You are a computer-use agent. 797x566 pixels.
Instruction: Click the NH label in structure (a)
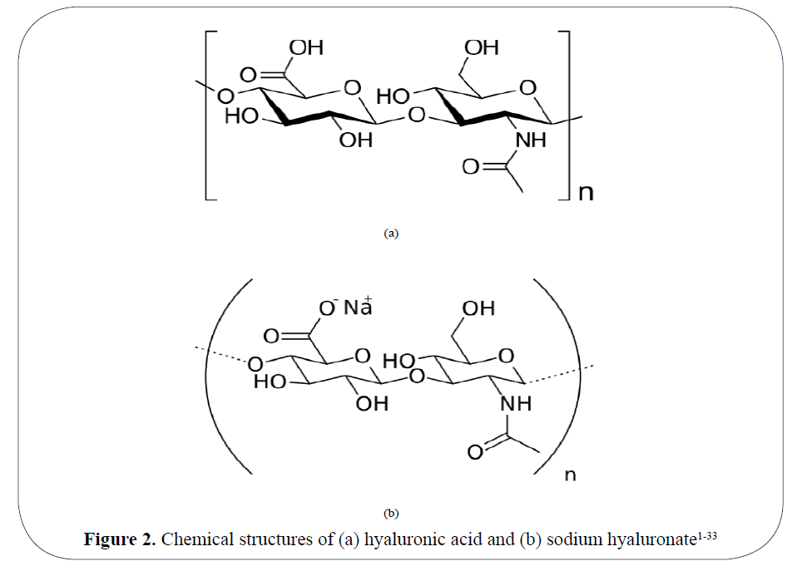click(x=531, y=140)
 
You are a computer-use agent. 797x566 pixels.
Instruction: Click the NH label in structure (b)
click(x=516, y=404)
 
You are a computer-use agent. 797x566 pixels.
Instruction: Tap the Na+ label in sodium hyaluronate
click(x=359, y=307)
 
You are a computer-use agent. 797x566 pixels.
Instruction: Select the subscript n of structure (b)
click(x=570, y=475)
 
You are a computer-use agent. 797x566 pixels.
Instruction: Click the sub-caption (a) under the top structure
click(x=391, y=234)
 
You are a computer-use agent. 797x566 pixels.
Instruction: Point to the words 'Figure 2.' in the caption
click(x=119, y=539)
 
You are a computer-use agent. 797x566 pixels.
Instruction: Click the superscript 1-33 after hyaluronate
click(x=706, y=534)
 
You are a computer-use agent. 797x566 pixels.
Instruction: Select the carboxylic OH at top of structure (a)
click(x=305, y=47)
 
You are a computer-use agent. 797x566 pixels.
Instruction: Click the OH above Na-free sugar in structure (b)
click(x=478, y=308)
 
